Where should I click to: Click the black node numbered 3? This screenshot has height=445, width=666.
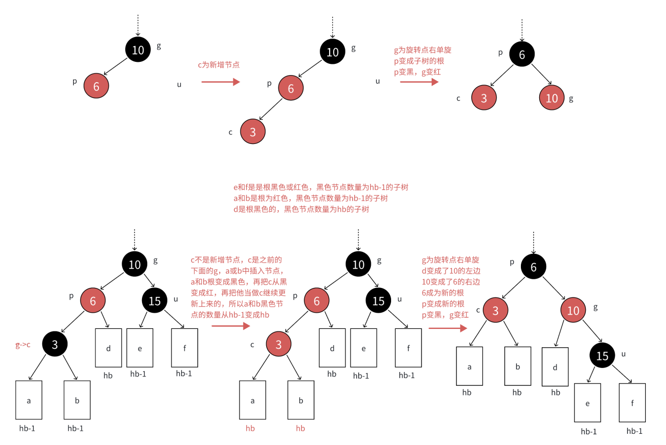(x=55, y=345)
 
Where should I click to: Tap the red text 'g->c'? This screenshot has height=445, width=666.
(x=23, y=345)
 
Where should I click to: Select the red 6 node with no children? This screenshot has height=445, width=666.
(x=96, y=86)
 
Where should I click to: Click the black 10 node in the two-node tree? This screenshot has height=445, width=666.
(x=138, y=50)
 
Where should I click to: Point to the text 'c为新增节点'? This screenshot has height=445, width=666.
(x=219, y=65)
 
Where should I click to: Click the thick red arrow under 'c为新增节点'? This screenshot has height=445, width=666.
(x=221, y=82)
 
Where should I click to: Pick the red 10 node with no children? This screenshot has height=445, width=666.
(x=552, y=98)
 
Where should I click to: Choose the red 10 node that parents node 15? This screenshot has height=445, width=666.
(x=573, y=310)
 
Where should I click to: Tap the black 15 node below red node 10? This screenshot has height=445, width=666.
(x=602, y=356)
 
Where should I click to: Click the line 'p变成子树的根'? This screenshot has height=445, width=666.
(x=419, y=61)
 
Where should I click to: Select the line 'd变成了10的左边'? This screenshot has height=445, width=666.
(x=450, y=271)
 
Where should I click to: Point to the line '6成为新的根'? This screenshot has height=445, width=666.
(x=443, y=293)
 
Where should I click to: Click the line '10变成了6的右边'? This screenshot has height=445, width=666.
(x=450, y=282)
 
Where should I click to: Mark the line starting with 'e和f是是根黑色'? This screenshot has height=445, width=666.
(x=320, y=187)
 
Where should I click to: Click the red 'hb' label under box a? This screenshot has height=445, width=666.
(x=250, y=428)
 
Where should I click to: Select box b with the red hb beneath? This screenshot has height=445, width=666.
(x=301, y=400)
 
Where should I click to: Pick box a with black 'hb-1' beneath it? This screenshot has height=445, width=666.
(x=28, y=400)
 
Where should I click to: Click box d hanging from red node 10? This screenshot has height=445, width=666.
(x=555, y=367)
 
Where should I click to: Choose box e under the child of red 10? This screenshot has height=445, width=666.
(x=587, y=403)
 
